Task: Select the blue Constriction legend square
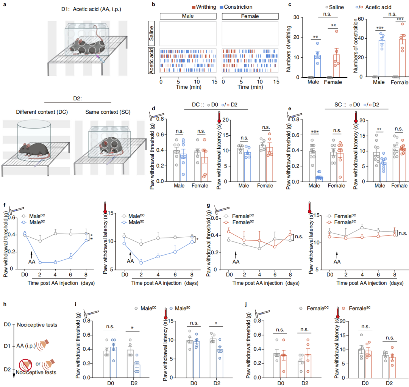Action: pyautogui.click(x=222, y=7)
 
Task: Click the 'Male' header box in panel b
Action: pyautogui.click(x=188, y=16)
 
